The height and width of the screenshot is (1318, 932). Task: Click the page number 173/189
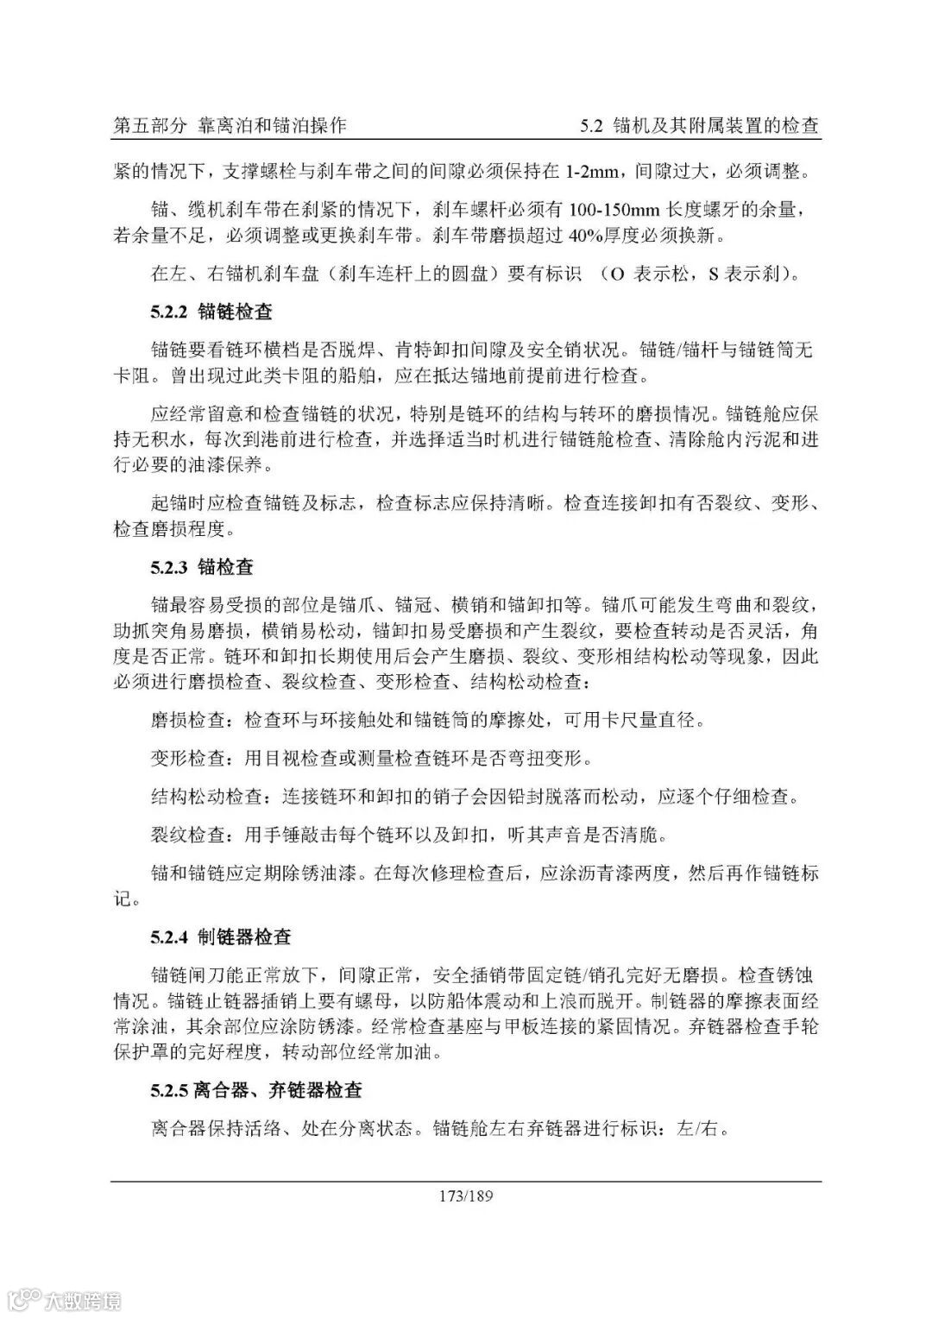pyautogui.click(x=465, y=1196)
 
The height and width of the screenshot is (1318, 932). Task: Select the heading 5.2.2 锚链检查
pyautogui.click(x=211, y=312)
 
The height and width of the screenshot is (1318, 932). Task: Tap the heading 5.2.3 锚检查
pyautogui.click(x=202, y=567)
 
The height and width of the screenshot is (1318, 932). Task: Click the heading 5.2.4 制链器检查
pyautogui.click(x=221, y=936)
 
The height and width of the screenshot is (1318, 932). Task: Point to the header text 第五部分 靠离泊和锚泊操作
pyautogui.click(x=230, y=125)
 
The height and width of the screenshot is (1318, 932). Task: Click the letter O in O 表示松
pyautogui.click(x=617, y=274)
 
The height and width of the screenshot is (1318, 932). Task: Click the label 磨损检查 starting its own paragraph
pyautogui.click(x=188, y=720)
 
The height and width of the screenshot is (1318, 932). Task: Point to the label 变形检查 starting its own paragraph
pyautogui.click(x=188, y=759)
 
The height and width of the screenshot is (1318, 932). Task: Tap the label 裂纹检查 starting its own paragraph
pyautogui.click(x=188, y=835)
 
